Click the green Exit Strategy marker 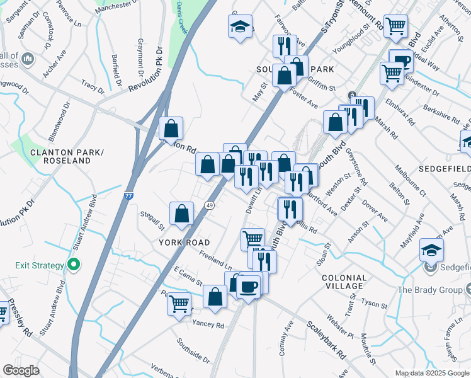[x=74, y=265]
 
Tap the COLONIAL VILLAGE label [x=344, y=282]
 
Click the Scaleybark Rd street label [x=326, y=341]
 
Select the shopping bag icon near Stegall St [x=181, y=213]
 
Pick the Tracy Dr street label [x=91, y=85]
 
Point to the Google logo [x=21, y=370]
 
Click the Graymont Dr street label [x=142, y=54]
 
